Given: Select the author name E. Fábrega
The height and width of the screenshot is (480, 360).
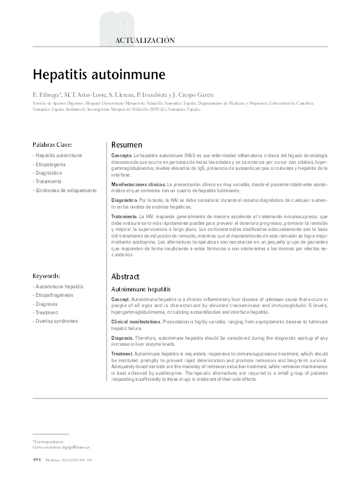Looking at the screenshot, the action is tap(47, 94).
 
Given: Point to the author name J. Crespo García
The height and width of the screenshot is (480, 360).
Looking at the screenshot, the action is tap(188, 94).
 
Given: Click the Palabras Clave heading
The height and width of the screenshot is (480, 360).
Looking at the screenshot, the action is tap(53, 144).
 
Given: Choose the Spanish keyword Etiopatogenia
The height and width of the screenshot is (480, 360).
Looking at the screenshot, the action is tap(51, 164).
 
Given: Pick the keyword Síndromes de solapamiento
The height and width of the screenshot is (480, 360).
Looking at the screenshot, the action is tap(65, 190).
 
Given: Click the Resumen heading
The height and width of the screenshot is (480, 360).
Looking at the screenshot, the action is tap(127, 145).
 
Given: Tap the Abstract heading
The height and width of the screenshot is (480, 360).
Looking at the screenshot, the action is tap(125, 276).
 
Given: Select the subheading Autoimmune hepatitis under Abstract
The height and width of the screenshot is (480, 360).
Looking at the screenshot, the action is tap(141, 289).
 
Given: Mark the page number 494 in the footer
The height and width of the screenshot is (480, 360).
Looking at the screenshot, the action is tap(37, 460).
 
